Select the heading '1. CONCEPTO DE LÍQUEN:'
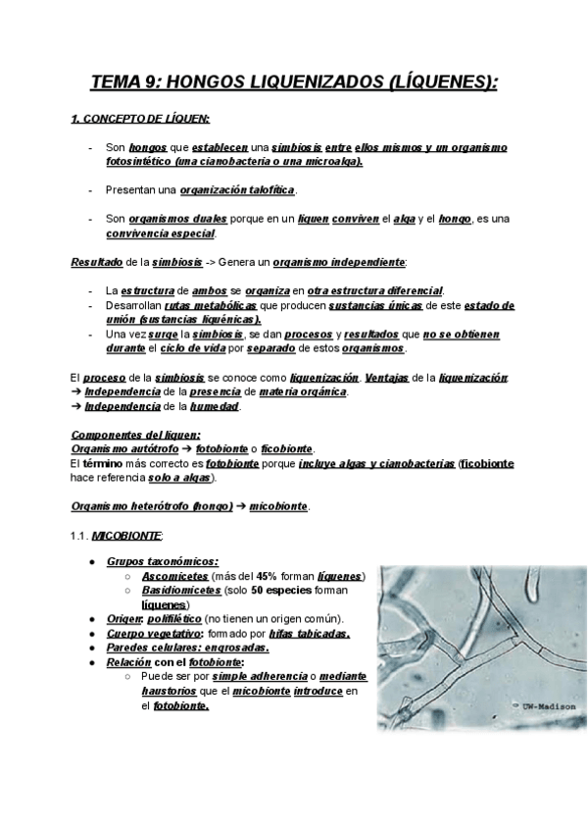tap(140, 120)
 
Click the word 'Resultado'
tap(96, 263)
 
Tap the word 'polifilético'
tap(172, 620)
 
